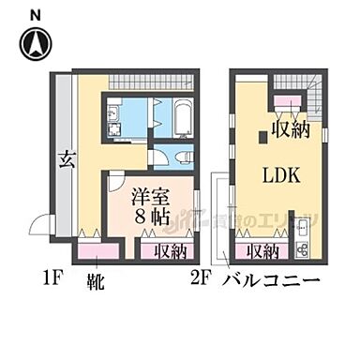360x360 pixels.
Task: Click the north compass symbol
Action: click(x=36, y=43)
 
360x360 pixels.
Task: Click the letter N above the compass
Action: click(x=35, y=14)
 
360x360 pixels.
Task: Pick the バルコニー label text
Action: click(x=274, y=280)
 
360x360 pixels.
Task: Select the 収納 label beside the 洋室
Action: click(x=166, y=250)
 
